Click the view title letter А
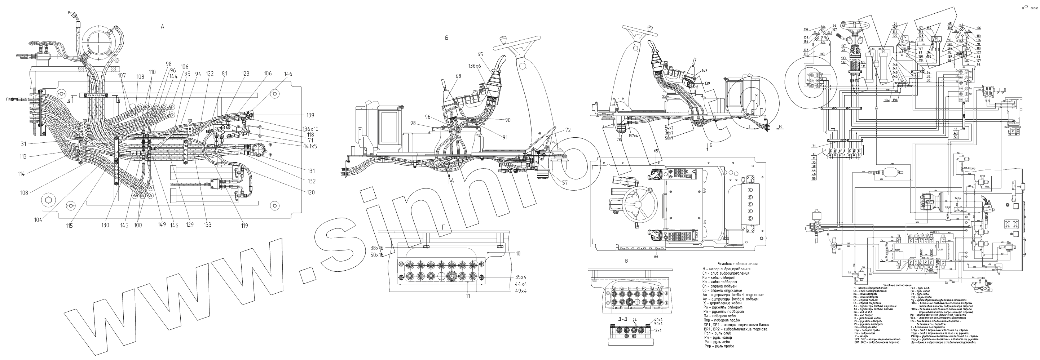click(x=163, y=27)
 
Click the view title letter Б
click(x=446, y=38)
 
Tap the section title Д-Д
click(x=622, y=319)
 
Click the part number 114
click(x=21, y=174)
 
